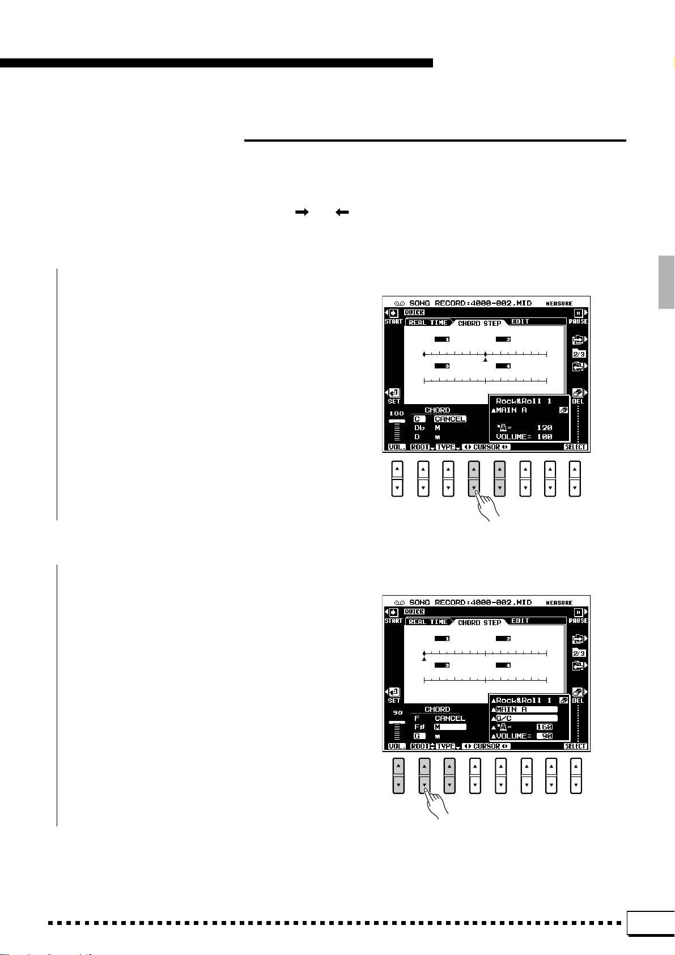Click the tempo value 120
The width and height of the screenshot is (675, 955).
(544, 428)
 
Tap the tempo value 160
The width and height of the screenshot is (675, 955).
(544, 727)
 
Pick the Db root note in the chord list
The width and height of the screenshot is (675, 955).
(419, 428)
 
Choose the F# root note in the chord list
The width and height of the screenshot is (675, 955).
(419, 727)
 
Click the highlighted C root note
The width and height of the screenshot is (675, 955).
(419, 419)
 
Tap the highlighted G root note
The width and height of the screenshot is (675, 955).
(419, 736)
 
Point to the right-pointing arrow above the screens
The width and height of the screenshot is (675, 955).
(302, 212)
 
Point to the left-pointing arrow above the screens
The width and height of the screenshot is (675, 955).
(342, 212)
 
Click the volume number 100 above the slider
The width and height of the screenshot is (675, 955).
(397, 414)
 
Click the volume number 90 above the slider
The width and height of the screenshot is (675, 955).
(397, 713)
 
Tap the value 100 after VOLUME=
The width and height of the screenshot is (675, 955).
(544, 437)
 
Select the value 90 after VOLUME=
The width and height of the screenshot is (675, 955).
(545, 736)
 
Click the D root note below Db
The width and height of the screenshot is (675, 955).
(417, 437)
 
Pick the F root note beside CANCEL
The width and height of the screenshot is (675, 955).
(417, 718)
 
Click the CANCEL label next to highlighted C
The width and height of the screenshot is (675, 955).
(450, 419)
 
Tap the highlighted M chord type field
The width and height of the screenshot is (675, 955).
(450, 727)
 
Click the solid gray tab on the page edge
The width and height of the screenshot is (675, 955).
(666, 282)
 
